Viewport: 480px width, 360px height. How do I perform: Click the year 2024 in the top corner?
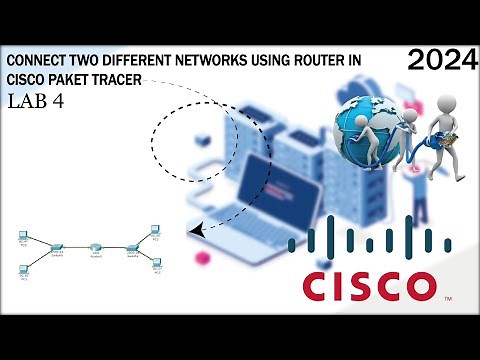tap(441, 62)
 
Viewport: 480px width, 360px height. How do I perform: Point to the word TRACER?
tap(125, 80)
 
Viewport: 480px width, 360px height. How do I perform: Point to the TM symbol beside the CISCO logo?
tap(448, 298)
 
